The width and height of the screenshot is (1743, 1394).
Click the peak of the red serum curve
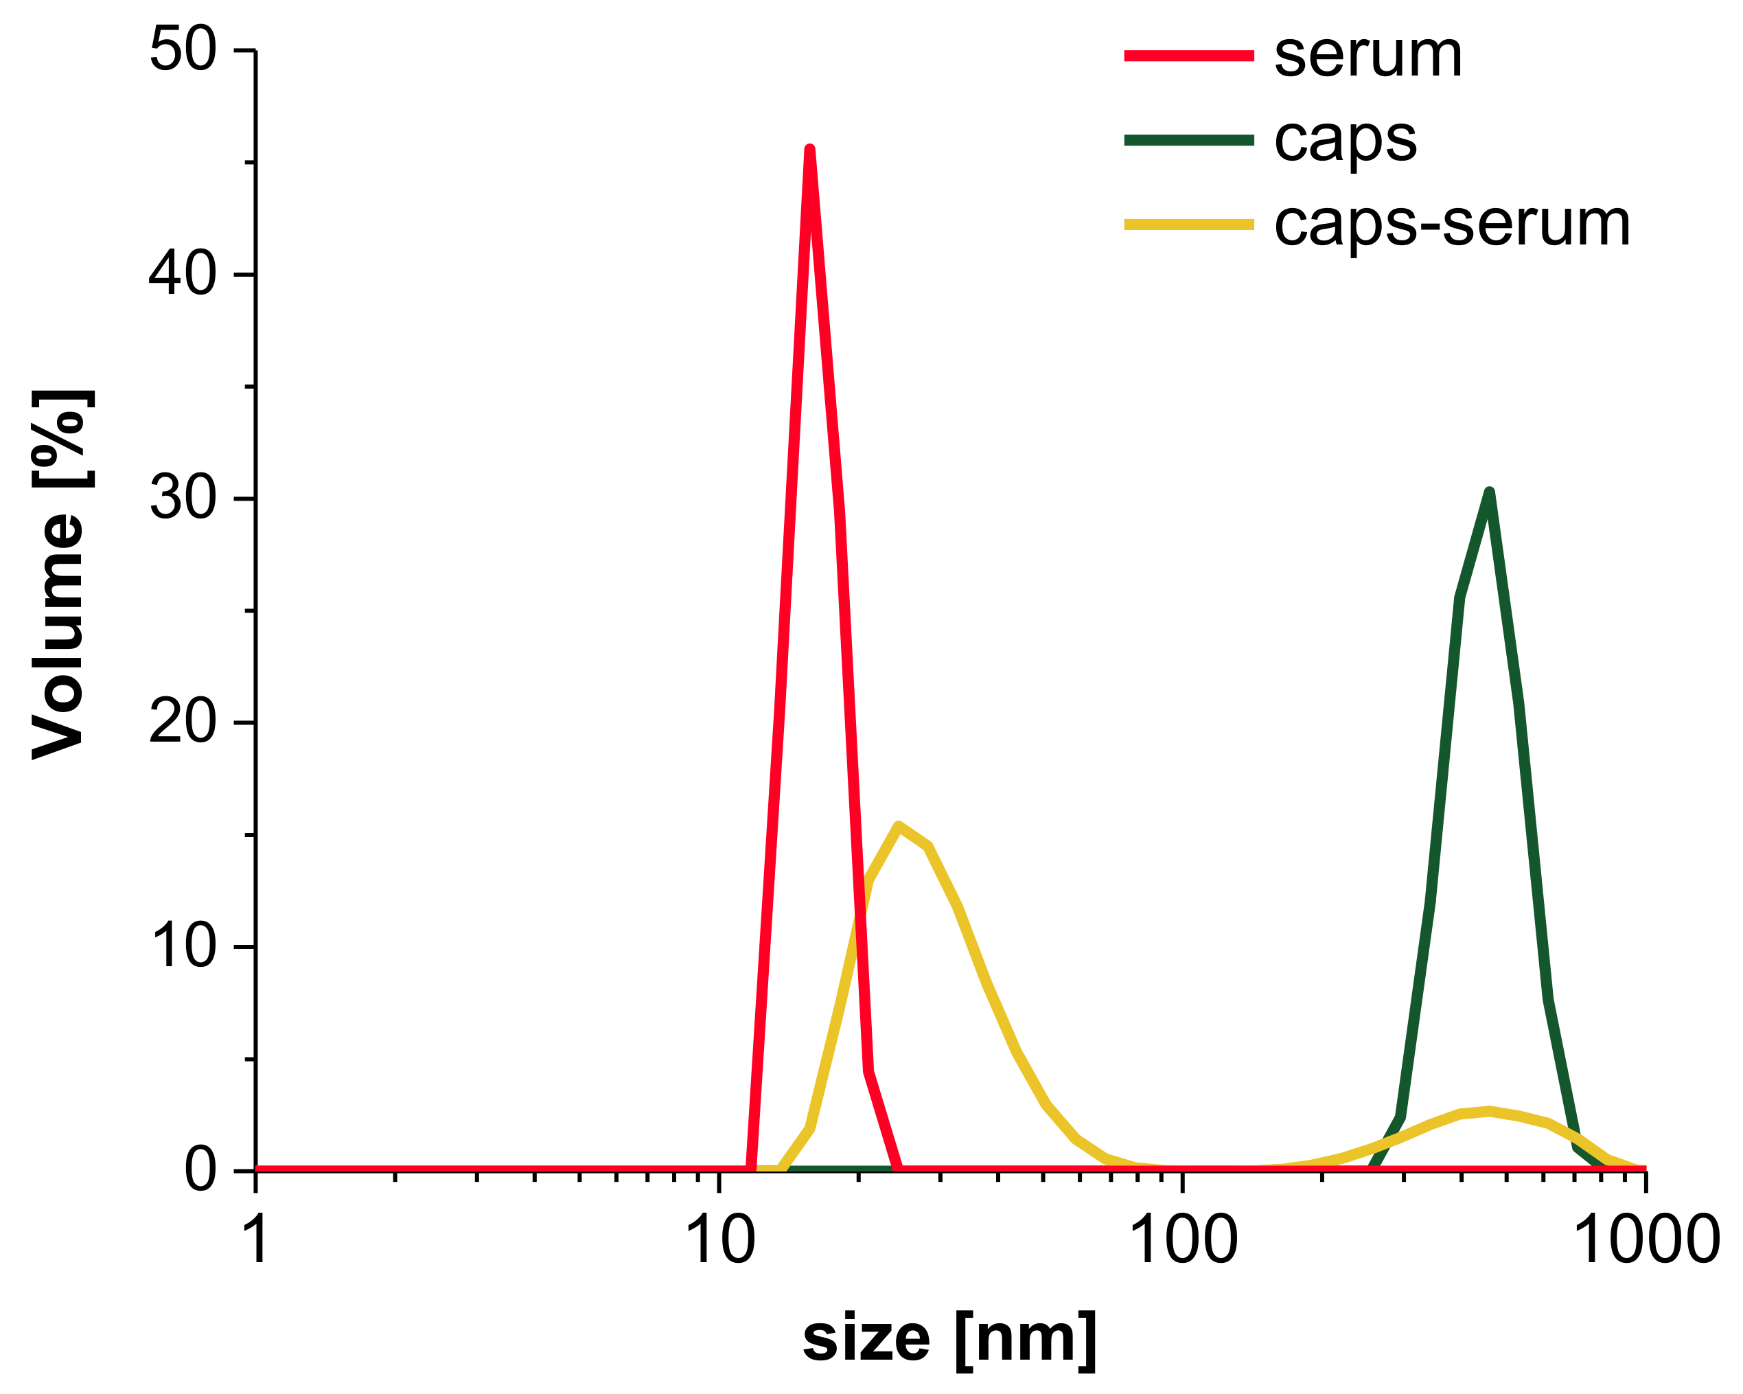click(x=810, y=150)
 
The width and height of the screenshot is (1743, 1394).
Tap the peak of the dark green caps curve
click(x=1489, y=492)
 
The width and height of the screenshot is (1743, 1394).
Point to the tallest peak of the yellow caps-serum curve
click(x=898, y=825)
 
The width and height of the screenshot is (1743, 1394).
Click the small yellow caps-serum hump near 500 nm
click(x=1488, y=1111)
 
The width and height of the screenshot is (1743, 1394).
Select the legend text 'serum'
click(x=1368, y=56)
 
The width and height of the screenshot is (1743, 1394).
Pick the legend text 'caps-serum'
click(x=1452, y=225)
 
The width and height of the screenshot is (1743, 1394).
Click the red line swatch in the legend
click(x=1188, y=56)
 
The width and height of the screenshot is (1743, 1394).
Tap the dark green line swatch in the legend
click(x=1188, y=141)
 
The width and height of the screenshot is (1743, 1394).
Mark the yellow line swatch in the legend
click(x=1188, y=225)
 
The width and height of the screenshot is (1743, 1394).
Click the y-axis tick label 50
click(x=183, y=50)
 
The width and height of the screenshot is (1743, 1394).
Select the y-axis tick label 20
click(x=183, y=722)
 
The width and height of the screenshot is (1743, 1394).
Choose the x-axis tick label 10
click(x=719, y=1240)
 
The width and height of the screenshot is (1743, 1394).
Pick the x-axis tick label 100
click(x=1183, y=1240)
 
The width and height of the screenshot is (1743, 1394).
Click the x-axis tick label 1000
click(x=1646, y=1240)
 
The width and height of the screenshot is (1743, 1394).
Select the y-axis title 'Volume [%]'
click(x=58, y=575)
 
